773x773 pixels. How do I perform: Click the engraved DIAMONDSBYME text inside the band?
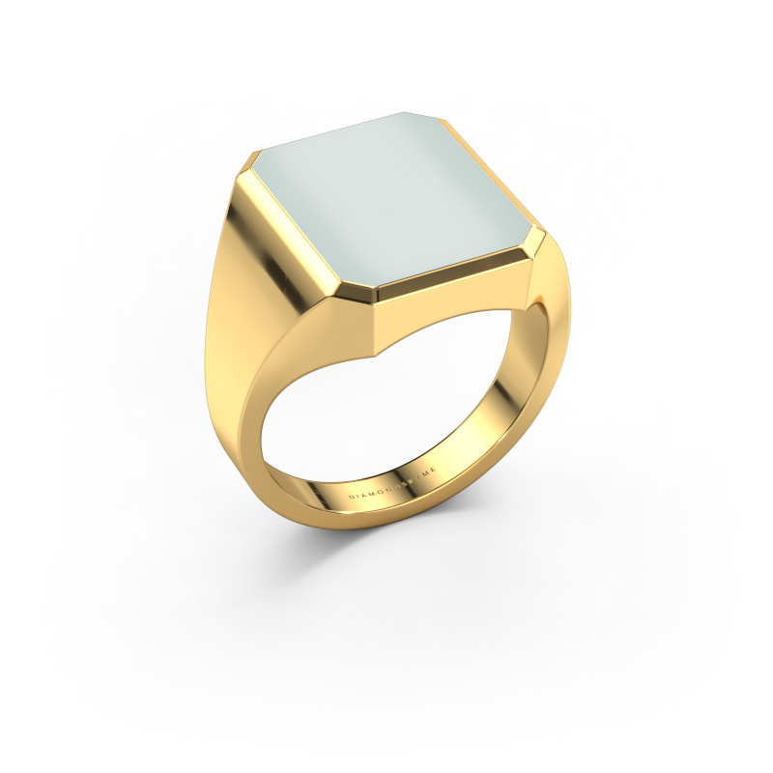click(x=394, y=482)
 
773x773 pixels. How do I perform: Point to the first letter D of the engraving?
click(x=352, y=496)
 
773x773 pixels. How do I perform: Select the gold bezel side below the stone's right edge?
click(x=464, y=285)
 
